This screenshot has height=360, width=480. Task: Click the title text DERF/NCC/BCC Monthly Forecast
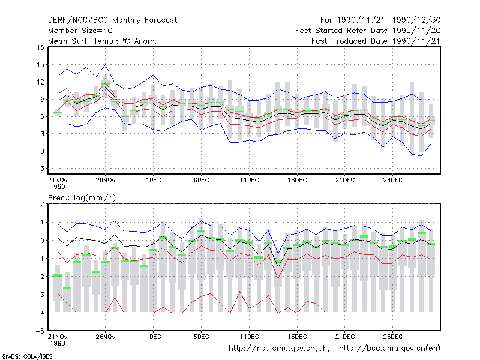(112, 20)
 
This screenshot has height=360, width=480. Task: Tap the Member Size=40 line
(80, 31)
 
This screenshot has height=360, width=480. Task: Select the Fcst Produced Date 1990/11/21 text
(376, 41)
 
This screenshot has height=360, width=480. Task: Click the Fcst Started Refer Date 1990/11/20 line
(368, 31)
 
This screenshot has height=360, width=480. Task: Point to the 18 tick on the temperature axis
(40, 47)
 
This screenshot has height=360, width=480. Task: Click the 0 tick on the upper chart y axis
(42, 151)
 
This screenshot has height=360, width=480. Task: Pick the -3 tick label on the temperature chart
(40, 169)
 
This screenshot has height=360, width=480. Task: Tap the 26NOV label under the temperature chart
(106, 180)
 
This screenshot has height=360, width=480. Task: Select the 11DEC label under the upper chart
(249, 180)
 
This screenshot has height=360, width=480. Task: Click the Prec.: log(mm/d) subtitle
(82, 198)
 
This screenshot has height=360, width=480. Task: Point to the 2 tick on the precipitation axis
(42, 204)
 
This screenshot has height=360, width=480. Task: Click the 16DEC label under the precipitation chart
(297, 337)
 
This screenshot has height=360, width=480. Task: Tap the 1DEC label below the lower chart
(154, 337)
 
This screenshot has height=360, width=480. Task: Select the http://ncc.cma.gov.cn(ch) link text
(279, 349)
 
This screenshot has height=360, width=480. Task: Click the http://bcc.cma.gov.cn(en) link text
(389, 349)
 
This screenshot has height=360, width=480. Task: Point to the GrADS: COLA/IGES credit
(27, 356)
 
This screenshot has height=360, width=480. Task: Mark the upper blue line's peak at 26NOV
(106, 65)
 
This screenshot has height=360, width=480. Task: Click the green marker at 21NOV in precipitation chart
(58, 275)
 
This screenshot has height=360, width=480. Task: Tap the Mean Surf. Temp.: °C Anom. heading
(103, 41)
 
